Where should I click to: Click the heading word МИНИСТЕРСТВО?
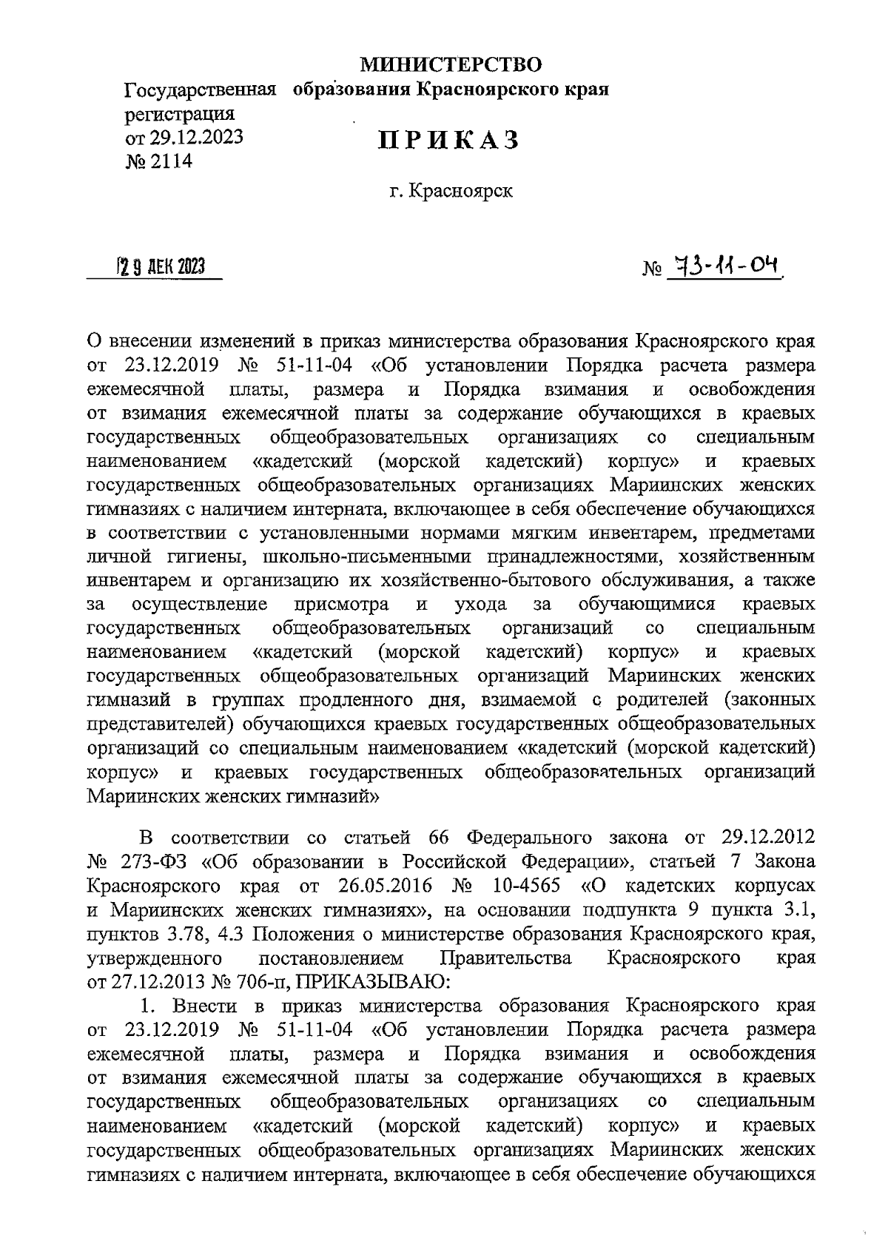click(451, 65)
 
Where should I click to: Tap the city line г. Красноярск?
click(452, 192)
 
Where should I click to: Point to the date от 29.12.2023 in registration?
click(184, 138)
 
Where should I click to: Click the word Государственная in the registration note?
click(200, 90)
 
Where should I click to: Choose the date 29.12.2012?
click(766, 838)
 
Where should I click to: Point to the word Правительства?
click(505, 958)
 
